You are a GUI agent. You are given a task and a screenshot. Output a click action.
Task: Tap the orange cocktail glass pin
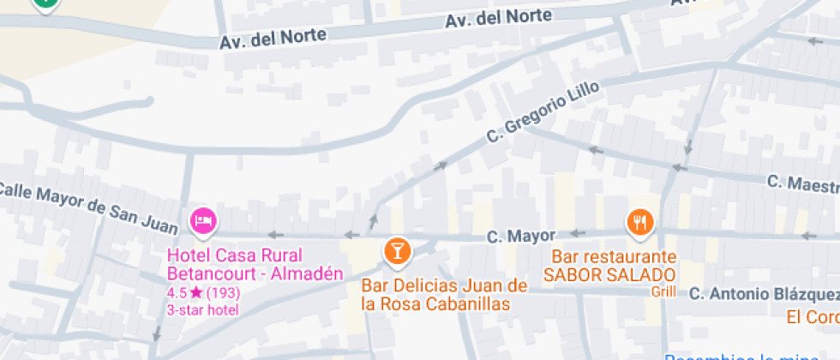[397, 250]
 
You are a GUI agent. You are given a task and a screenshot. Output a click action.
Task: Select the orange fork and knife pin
[640, 223]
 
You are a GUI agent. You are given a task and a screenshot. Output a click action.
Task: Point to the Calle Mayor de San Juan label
[87, 207]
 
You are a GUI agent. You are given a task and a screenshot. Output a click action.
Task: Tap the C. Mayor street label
[520, 236]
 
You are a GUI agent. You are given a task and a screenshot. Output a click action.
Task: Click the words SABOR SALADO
[609, 274]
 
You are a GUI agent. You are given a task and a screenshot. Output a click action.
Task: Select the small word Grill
[663, 291]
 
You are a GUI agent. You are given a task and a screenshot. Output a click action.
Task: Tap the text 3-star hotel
[203, 309]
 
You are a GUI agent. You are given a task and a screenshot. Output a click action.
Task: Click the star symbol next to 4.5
[196, 293]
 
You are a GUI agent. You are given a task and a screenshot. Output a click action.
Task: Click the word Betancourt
[207, 274]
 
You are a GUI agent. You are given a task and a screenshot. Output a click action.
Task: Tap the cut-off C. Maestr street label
[803, 183]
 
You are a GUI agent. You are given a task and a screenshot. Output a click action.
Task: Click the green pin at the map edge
[45, 3]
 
